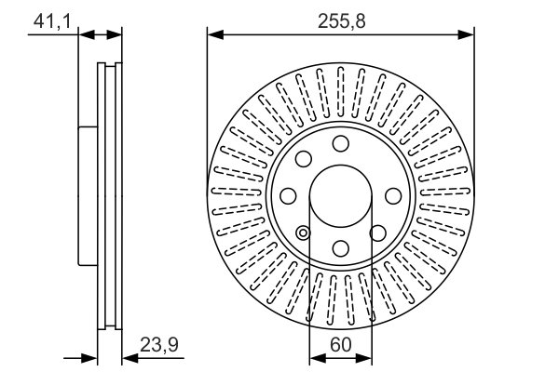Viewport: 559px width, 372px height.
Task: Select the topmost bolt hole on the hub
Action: pos(340,143)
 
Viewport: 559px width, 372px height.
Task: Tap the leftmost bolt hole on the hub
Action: pos(288,195)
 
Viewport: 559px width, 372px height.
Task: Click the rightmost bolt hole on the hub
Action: pos(391,195)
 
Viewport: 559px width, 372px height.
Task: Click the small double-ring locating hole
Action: pos(303,232)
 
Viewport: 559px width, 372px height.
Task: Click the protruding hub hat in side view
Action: pos(88,194)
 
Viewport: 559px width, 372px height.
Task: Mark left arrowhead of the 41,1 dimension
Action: pos(86,35)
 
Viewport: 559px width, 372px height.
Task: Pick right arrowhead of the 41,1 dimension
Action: pos(116,35)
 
